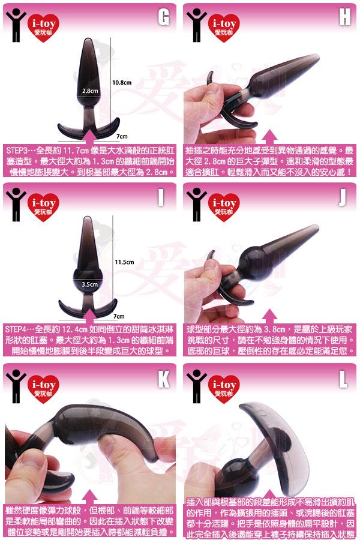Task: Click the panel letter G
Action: pos(164,17)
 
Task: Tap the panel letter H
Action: pos(344,17)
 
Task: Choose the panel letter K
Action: pos(164,379)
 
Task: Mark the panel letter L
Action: pos(343,379)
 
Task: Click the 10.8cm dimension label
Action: pos(122,83)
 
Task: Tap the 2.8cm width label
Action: pos(90,91)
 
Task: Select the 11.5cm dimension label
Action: pos(124,262)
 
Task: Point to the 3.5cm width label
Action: pos(89,284)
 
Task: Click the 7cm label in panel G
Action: pos(122,136)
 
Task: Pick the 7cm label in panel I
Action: pos(119,316)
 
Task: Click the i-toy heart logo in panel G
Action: pos(43,28)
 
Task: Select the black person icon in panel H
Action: pos(197,25)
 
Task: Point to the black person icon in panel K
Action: pos(16,386)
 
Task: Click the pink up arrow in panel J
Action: pos(269,316)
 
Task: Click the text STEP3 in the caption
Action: pos(17,151)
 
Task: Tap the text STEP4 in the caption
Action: pos(16,329)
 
